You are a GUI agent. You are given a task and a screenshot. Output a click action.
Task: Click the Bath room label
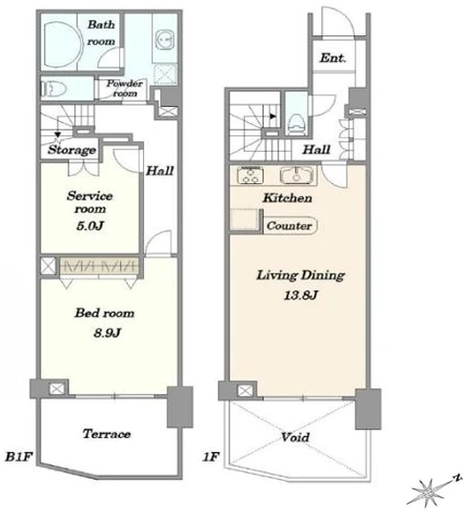click(101, 33)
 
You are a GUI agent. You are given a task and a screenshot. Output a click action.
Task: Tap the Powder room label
click(124, 88)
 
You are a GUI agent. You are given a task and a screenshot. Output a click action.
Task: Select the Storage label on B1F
click(72, 150)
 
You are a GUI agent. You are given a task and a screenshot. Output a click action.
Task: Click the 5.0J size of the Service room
click(91, 226)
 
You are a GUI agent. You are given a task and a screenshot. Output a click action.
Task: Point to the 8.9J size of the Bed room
click(108, 333)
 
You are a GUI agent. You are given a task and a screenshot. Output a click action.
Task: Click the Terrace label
click(107, 434)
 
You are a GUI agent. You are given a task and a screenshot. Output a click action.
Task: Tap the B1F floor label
click(18, 457)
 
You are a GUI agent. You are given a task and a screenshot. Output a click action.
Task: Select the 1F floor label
click(211, 457)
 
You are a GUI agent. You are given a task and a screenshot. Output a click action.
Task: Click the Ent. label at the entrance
click(333, 58)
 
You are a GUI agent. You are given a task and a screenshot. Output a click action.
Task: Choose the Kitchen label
click(288, 197)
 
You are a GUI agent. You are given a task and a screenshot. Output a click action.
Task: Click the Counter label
click(289, 226)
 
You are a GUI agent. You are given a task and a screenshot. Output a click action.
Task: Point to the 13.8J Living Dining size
click(300, 295)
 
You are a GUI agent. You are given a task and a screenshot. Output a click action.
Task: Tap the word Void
click(295, 438)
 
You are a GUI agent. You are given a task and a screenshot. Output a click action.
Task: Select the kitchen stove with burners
click(251, 175)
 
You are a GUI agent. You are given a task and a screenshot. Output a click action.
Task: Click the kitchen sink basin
click(296, 175)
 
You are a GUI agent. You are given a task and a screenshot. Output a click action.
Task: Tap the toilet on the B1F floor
click(53, 89)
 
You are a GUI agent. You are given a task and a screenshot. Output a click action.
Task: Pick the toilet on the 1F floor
click(297, 124)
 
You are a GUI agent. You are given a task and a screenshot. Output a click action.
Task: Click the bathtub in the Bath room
click(61, 45)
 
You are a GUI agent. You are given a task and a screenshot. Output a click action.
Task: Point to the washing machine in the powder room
click(165, 39)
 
